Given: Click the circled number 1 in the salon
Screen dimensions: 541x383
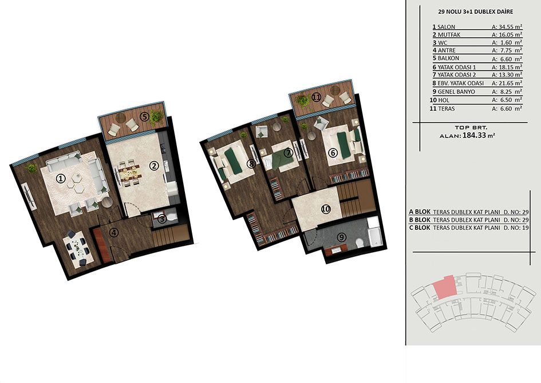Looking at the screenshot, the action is (x=61, y=178).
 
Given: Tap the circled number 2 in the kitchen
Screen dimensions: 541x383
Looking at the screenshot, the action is (x=153, y=166).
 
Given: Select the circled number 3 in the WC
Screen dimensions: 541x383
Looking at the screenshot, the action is (x=161, y=218).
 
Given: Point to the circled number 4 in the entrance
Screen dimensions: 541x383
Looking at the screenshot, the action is (x=114, y=233).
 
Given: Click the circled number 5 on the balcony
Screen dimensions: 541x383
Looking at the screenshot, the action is (x=144, y=117).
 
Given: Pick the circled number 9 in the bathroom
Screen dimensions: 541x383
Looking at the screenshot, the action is (x=341, y=237).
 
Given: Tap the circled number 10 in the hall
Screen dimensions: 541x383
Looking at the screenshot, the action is (x=326, y=209).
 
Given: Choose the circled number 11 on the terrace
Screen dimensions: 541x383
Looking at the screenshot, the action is (x=316, y=97).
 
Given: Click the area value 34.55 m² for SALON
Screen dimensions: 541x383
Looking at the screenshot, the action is (x=507, y=26).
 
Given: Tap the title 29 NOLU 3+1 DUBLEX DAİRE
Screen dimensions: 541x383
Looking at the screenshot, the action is (x=475, y=11).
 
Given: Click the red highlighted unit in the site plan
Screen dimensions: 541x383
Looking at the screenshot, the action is (x=445, y=287).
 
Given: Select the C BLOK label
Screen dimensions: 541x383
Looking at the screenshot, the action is (x=420, y=228).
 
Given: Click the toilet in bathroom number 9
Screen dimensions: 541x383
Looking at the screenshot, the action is (x=359, y=243).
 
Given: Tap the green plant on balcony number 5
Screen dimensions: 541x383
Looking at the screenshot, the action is (x=156, y=117).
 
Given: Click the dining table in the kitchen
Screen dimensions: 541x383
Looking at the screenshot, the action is (x=129, y=172).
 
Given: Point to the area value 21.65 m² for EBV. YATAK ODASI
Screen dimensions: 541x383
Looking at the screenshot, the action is (x=507, y=83).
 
